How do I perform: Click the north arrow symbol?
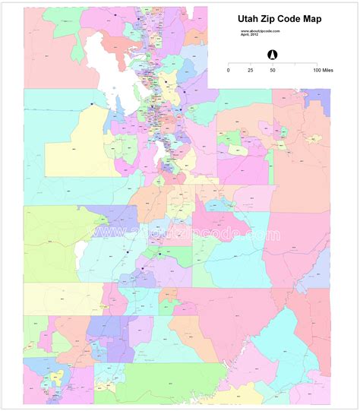pyautogui.click(x=272, y=54)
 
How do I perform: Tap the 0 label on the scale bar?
pyautogui.click(x=229, y=70)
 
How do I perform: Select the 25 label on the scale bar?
pyautogui.click(x=251, y=70)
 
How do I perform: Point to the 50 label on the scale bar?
pyautogui.click(x=272, y=70)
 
